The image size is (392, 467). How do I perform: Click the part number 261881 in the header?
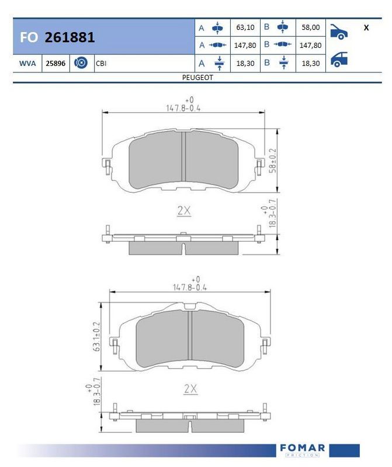click(x=70, y=37)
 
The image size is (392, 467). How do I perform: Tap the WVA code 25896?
click(x=55, y=64)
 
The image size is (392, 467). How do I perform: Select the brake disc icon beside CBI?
click(x=81, y=63)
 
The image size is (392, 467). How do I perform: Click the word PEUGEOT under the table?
click(x=197, y=78)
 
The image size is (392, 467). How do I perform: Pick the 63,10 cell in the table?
click(x=245, y=27)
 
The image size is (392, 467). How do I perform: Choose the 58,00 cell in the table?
click(x=311, y=27)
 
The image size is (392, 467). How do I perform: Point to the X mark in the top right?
click(x=366, y=27)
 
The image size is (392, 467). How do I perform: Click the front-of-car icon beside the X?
click(x=339, y=32)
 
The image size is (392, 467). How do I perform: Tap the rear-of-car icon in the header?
click(x=339, y=60)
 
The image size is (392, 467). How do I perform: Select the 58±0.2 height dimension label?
click(x=272, y=161)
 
